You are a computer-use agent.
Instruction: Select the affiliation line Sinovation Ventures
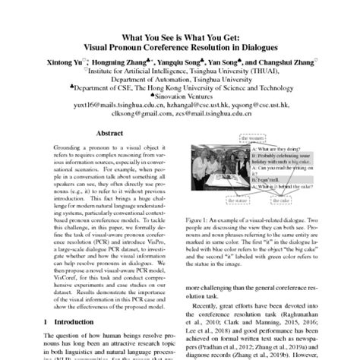click(182, 98)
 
